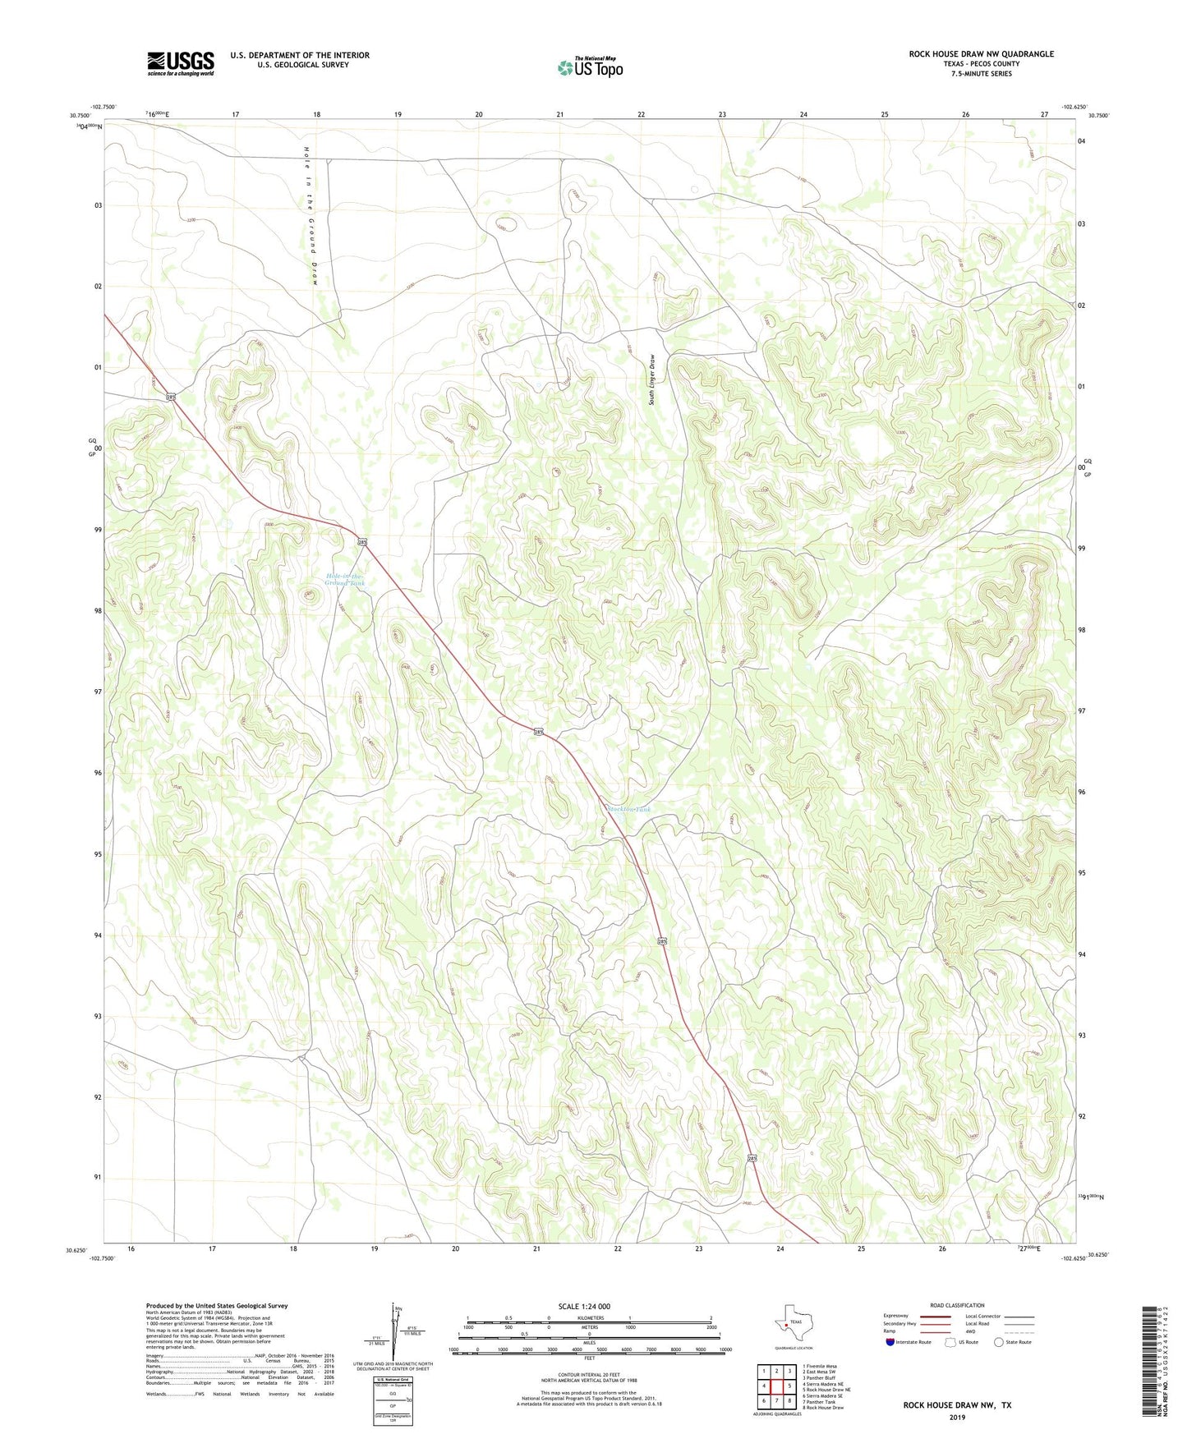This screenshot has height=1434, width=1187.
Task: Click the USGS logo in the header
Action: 181,63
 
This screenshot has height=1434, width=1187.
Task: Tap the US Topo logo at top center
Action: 590,67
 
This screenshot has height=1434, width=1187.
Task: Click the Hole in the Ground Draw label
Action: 309,216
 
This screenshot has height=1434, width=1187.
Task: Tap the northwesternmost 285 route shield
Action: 171,398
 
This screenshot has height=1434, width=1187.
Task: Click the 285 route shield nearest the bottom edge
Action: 752,1158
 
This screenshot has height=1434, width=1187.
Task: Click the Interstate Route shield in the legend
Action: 890,1342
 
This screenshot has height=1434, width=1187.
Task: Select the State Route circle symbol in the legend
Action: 999,1342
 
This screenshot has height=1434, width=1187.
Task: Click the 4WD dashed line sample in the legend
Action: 1019,1332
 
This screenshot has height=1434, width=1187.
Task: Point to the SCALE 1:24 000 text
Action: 583,1307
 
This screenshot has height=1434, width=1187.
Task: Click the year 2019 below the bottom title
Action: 957,1417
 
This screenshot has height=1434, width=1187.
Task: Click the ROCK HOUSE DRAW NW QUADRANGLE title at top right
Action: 981,54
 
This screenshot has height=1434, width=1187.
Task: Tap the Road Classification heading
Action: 957,1305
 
